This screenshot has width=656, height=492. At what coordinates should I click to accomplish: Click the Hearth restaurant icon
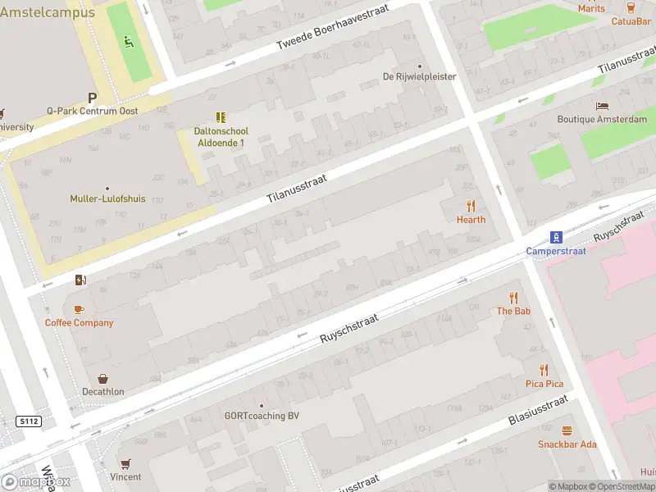coord(471,205)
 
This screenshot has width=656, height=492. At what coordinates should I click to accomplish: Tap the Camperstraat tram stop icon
coord(556,237)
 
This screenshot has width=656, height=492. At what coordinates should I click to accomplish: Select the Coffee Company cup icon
coord(79,309)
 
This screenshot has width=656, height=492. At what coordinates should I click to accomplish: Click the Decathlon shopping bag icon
coord(103,378)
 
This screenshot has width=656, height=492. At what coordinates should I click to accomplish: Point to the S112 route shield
coord(28,421)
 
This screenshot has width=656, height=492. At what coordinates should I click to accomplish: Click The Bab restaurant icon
coord(514,297)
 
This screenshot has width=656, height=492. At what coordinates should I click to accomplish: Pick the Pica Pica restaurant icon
coord(544,370)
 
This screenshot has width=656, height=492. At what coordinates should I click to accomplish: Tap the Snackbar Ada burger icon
coord(567,430)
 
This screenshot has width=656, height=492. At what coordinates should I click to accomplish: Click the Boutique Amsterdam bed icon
coord(602,106)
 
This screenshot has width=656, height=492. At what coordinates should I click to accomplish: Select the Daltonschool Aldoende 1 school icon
coord(220,117)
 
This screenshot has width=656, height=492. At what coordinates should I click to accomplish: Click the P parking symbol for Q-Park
coord(93,97)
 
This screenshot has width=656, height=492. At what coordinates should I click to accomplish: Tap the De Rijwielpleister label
coord(419,77)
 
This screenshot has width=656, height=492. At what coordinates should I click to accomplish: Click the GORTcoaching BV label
coord(262,416)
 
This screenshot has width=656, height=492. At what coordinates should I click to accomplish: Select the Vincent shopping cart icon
coord(125,463)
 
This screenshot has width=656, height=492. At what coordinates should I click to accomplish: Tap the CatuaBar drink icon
coord(631,7)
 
